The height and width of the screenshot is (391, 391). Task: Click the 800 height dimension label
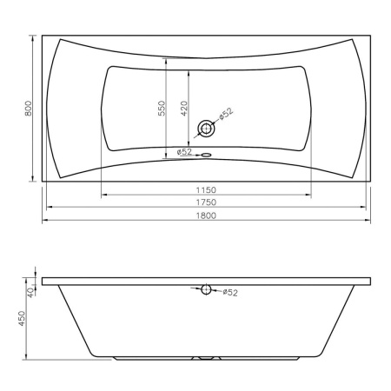[x=29, y=109]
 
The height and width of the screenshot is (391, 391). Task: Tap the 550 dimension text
[x=162, y=108]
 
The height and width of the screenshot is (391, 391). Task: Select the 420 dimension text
[x=184, y=109]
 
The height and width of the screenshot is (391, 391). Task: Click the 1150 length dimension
[x=206, y=190]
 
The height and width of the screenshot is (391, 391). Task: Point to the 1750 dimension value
[x=206, y=202]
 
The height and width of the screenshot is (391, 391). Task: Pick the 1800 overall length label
[x=206, y=215]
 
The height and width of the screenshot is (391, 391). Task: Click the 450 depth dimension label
[x=22, y=318]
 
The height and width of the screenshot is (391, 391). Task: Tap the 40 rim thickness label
[x=30, y=293]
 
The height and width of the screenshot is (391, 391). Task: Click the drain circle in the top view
[x=206, y=129]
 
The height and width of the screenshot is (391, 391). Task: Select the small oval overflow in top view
[x=206, y=155]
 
